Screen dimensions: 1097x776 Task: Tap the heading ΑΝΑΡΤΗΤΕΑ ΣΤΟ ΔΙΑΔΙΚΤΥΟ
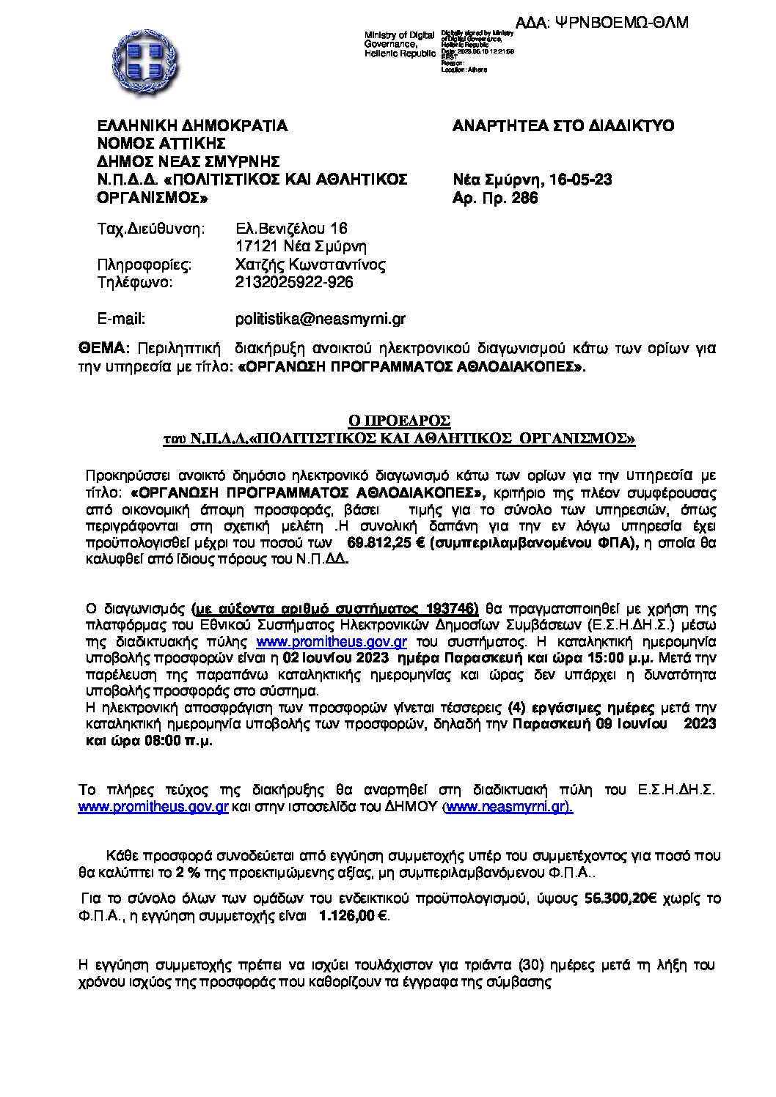coord(564,125)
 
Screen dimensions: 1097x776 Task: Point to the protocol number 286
coord(526,197)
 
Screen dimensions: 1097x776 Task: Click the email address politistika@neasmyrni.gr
coord(320,319)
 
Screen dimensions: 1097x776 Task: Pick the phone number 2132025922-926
coord(293,282)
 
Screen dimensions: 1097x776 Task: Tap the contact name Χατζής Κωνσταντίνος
coord(310,265)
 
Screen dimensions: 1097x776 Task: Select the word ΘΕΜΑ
coord(102,347)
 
